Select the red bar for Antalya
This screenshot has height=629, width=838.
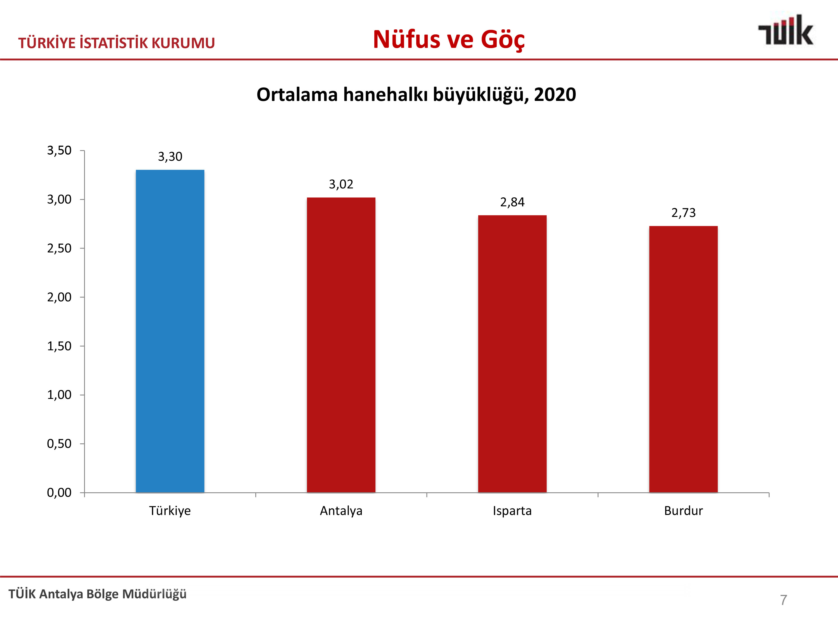[x=341, y=345]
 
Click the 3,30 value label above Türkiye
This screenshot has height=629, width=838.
[x=170, y=157]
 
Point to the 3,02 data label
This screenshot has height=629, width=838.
[x=341, y=184]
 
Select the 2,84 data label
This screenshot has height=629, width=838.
[x=512, y=202]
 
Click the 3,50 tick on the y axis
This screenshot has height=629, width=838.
[x=59, y=150]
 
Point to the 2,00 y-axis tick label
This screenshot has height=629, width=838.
[x=59, y=297]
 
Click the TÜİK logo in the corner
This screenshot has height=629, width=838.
[x=785, y=30]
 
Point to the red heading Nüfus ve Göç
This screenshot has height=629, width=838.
[x=449, y=39]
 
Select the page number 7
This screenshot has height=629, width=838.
[x=784, y=600]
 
